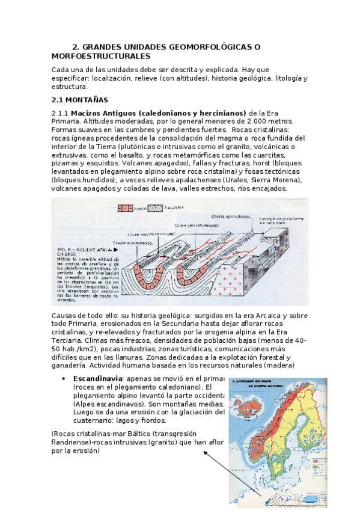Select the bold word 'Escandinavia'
(x=96, y=378)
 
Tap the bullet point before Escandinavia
(x=64, y=378)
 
